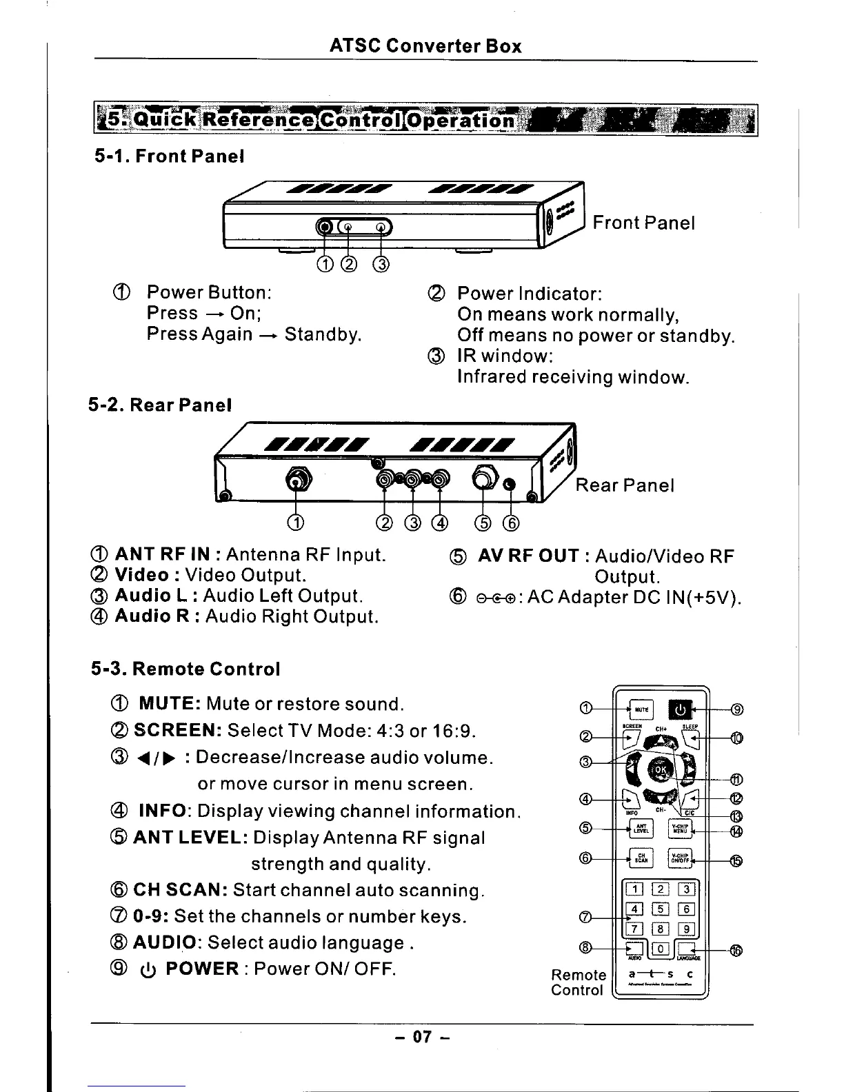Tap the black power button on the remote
tap(681, 709)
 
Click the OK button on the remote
tap(661, 770)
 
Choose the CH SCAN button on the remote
tap(641, 859)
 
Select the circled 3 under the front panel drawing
tap(381, 265)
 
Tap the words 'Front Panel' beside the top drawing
tap(643, 223)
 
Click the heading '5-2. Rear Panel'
tap(160, 405)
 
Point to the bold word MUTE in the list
tap(170, 704)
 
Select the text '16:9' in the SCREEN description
tap(452, 730)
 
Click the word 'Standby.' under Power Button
tap(323, 334)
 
